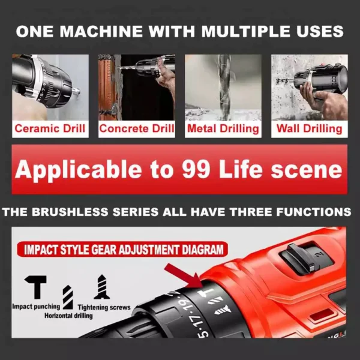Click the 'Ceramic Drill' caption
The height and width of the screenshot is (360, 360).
pos(50,128)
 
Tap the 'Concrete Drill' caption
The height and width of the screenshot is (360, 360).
pos(136,128)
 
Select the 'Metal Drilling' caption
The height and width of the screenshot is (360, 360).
pos(223,128)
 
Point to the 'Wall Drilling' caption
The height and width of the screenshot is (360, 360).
pos(309,128)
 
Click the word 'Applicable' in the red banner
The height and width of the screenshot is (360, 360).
pos(74,170)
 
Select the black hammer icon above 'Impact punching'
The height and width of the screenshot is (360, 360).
pos(38,287)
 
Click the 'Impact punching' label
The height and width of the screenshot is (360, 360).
pos(36,307)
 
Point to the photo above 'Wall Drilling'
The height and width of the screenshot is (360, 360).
pos(309,88)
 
